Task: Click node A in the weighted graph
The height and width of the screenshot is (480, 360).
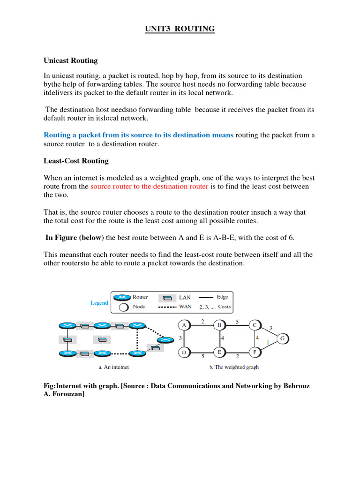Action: [x=184, y=325]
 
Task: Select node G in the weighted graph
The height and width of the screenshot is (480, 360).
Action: [x=282, y=338]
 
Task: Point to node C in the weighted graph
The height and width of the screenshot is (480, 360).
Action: [x=254, y=325]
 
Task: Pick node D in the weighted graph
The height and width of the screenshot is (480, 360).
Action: [x=184, y=352]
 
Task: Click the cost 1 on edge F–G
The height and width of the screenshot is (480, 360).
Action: [x=268, y=343]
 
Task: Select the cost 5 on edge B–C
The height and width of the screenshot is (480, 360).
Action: [x=237, y=322]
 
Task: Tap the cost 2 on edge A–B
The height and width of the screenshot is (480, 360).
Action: [x=202, y=322]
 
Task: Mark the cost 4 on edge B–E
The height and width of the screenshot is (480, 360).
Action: [x=223, y=338]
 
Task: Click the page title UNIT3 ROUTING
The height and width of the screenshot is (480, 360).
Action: [x=179, y=29]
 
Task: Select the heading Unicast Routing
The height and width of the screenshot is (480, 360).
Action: [x=71, y=60]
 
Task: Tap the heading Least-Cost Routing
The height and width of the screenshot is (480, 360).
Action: [x=76, y=161]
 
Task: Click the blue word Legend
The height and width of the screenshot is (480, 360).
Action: [x=99, y=303]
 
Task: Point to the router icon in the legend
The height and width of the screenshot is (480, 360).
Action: [x=123, y=298]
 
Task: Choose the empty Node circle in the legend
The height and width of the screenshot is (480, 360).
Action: [x=123, y=307]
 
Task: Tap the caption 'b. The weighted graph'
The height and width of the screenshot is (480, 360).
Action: [x=233, y=367]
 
